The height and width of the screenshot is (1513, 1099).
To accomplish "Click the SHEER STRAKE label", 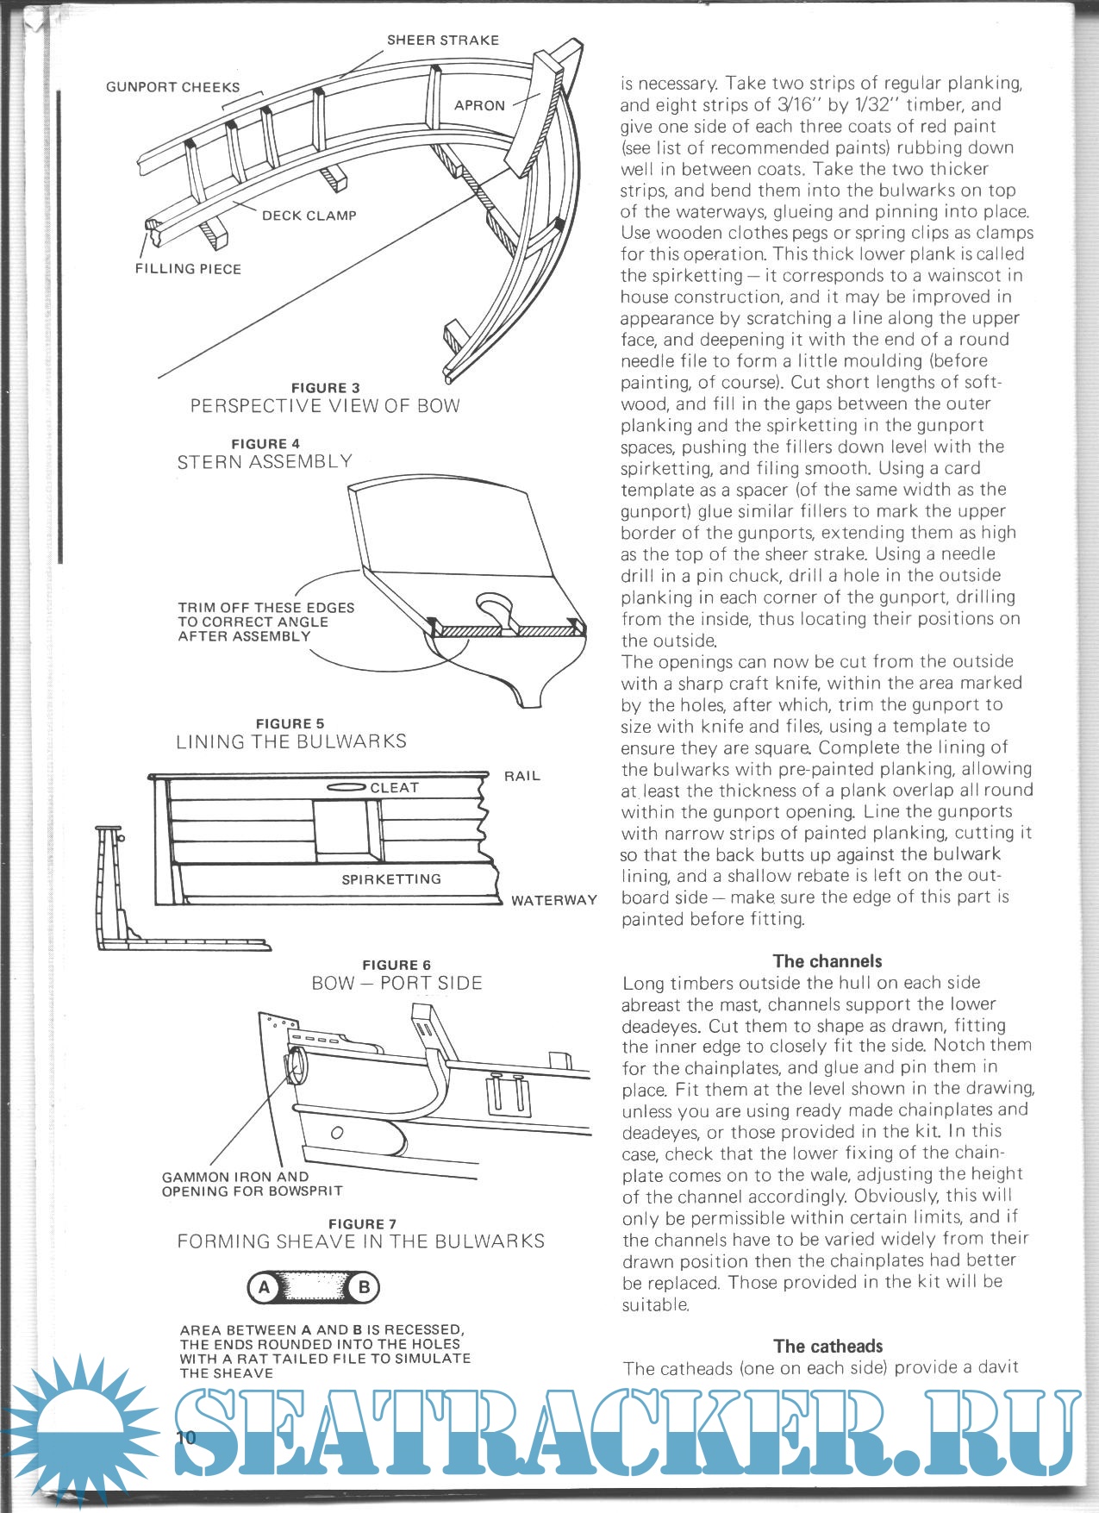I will click(x=442, y=40).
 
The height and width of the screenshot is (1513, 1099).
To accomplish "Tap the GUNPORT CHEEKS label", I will click(x=172, y=87).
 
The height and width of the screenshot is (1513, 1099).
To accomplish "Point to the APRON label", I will click(x=479, y=105).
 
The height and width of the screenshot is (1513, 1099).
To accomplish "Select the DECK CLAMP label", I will click(x=309, y=216).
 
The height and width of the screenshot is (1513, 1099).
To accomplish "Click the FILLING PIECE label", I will click(x=188, y=269).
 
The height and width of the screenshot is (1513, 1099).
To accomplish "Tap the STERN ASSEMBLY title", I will click(x=265, y=461).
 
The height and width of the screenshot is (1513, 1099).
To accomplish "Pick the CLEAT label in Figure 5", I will click(x=394, y=788).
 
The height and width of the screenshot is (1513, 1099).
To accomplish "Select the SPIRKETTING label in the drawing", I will click(x=391, y=879).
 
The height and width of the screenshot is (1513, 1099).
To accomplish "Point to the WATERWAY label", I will click(x=553, y=900).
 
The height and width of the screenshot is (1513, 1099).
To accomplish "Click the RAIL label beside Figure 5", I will click(x=521, y=776).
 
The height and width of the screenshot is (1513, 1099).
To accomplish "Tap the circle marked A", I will click(x=264, y=1288).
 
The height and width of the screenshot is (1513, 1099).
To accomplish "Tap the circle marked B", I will click(x=364, y=1288).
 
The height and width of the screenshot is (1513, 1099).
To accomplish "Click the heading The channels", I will click(x=827, y=961).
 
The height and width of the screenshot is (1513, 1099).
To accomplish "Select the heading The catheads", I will click(x=827, y=1346).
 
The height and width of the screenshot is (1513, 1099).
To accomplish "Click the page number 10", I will click(x=185, y=1437).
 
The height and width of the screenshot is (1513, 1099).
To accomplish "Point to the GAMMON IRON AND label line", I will click(x=234, y=1177).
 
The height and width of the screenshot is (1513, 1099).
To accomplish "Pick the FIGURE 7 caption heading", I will click(x=362, y=1224).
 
